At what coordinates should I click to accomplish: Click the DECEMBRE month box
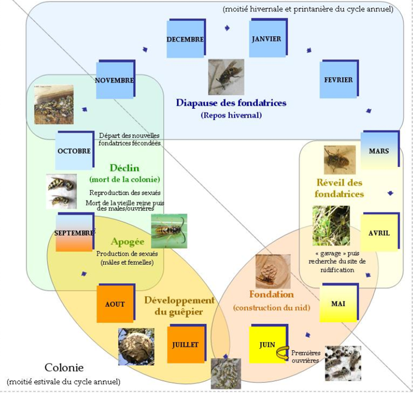click(185, 39)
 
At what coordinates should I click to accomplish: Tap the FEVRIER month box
click(338, 79)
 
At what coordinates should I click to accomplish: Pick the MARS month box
click(379, 151)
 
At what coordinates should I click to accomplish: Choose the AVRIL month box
click(379, 233)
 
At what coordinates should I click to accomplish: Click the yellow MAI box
click(338, 303)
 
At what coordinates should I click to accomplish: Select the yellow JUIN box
click(267, 344)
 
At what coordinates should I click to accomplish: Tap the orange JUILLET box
click(185, 344)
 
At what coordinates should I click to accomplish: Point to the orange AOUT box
click(114, 304)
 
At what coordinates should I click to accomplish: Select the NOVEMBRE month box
click(114, 80)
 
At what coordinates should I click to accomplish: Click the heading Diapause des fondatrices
click(231, 103)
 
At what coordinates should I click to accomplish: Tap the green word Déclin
click(125, 168)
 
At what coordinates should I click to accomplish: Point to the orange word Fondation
click(271, 294)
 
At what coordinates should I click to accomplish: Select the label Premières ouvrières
click(305, 357)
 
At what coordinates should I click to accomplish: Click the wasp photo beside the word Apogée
click(169, 231)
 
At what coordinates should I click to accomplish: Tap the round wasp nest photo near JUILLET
click(136, 346)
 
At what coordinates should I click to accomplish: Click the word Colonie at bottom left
click(64, 367)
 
